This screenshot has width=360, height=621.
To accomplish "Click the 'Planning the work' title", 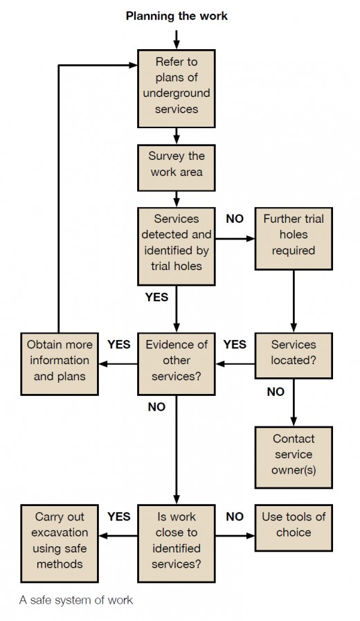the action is pyautogui.click(x=177, y=16).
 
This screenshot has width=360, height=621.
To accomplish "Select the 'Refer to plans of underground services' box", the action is pyautogui.click(x=177, y=89).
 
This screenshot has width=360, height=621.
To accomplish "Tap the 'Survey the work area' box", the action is pyautogui.click(x=177, y=168).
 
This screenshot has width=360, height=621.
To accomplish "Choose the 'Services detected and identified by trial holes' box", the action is pyautogui.click(x=177, y=246).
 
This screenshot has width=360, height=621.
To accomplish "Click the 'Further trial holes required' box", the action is pyautogui.click(x=294, y=238).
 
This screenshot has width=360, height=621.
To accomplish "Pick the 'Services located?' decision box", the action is pyautogui.click(x=294, y=355).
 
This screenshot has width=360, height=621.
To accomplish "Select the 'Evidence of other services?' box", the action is pyautogui.click(x=177, y=363).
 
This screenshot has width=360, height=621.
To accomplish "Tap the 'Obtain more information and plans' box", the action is pyautogui.click(x=60, y=363).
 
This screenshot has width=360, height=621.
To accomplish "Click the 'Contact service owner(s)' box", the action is pyautogui.click(x=294, y=457).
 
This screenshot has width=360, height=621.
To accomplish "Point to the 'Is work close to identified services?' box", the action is pyautogui.click(x=177, y=543).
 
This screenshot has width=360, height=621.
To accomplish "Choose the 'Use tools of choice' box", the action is pyautogui.click(x=294, y=528).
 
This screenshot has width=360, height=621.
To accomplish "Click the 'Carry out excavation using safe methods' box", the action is pyautogui.click(x=60, y=543).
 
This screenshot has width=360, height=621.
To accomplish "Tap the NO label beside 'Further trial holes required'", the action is pyautogui.click(x=235, y=219).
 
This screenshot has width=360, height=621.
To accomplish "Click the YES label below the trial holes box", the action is pyautogui.click(x=157, y=297).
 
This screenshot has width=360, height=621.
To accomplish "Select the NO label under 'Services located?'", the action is pyautogui.click(x=276, y=392).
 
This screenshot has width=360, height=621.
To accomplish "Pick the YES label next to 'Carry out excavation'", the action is pyautogui.click(x=119, y=516).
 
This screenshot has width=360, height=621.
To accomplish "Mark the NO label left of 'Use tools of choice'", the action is pyautogui.click(x=235, y=516).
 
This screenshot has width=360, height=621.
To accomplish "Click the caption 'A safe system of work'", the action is pyautogui.click(x=76, y=600).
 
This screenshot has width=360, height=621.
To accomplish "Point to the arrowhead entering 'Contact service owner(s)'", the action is pyautogui.click(x=294, y=422).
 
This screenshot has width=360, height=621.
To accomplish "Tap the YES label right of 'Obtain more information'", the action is pyautogui.click(x=119, y=344).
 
